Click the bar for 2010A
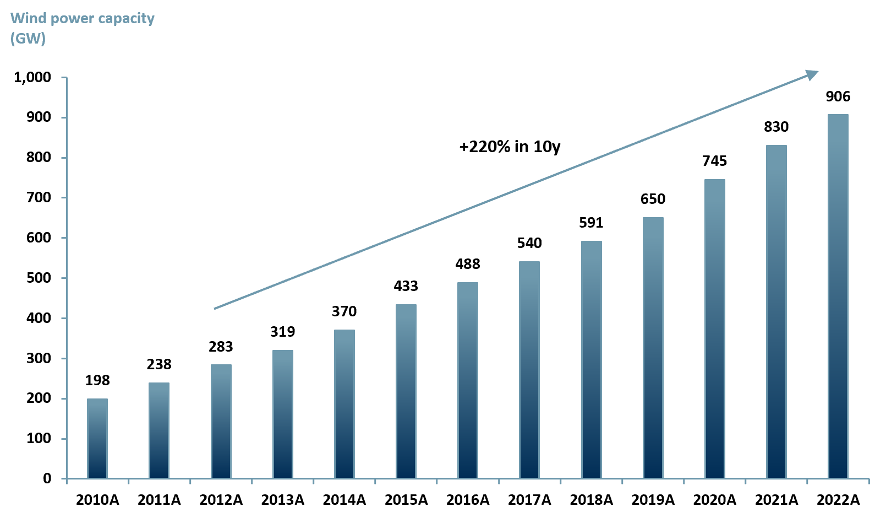click(97, 438)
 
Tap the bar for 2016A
click(467, 380)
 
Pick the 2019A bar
click(653, 348)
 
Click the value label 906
click(838, 96)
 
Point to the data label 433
click(406, 286)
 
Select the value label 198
click(97, 380)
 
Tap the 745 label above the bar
click(714, 161)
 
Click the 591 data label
click(591, 223)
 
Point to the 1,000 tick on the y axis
click(32, 77)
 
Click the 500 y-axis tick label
click(39, 278)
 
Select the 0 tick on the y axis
click(47, 478)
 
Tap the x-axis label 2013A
click(282, 500)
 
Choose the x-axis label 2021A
click(776, 500)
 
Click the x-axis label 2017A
click(529, 500)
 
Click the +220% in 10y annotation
click(510, 147)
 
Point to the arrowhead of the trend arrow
click(812, 74)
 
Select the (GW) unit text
click(28, 39)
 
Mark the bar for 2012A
click(221, 421)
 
